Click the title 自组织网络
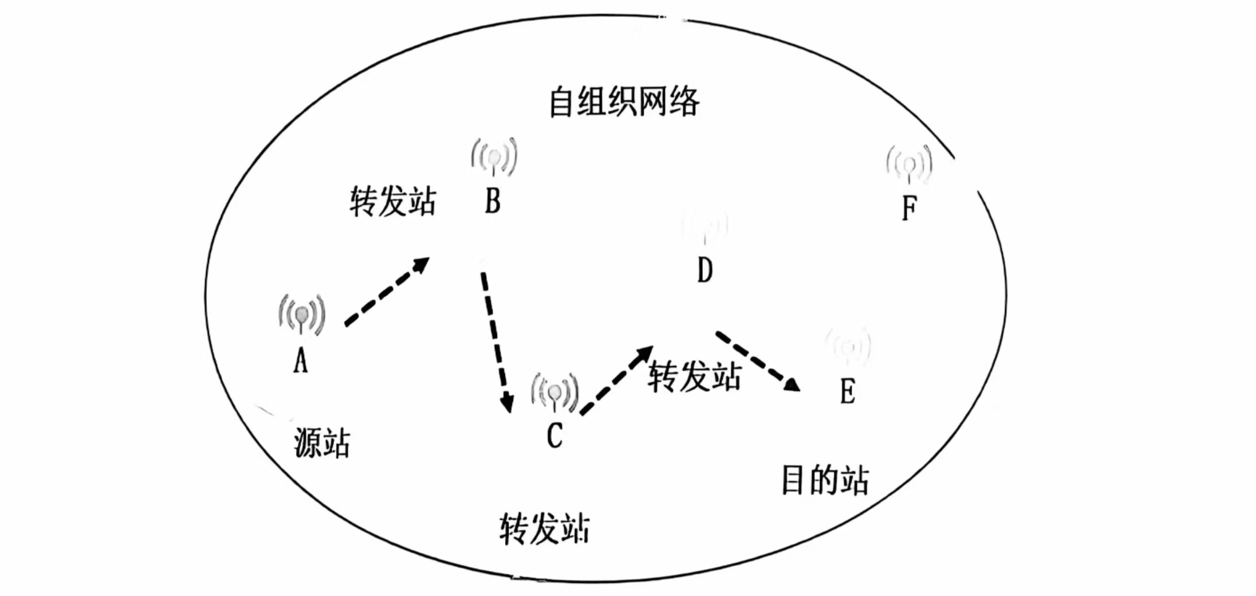pyautogui.click(x=624, y=102)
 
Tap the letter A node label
pyautogui.click(x=301, y=361)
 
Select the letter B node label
pyautogui.click(x=493, y=201)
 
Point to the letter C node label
pyautogui.click(x=554, y=436)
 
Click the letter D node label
pyautogui.click(x=705, y=270)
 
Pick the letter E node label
pyautogui.click(x=848, y=392)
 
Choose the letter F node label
pyautogui.click(x=909, y=207)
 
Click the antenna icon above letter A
pyautogui.click(x=302, y=314)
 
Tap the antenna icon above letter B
pyautogui.click(x=494, y=156)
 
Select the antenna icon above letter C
pyautogui.click(x=554, y=393)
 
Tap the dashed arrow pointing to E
pyautogui.click(x=757, y=361)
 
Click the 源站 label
pyautogui.click(x=322, y=443)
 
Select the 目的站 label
pyautogui.click(x=825, y=480)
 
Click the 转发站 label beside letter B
pyautogui.click(x=393, y=201)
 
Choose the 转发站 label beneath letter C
pyautogui.click(x=544, y=528)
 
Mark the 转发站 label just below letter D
pyautogui.click(x=695, y=377)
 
